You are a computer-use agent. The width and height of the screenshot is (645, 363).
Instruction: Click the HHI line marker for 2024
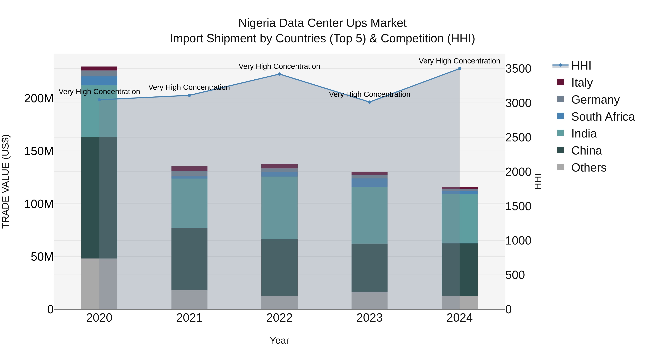click(x=459, y=69)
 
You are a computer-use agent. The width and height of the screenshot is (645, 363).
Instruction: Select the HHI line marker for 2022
click(x=279, y=74)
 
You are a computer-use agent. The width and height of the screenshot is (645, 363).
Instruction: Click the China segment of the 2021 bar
click(x=189, y=259)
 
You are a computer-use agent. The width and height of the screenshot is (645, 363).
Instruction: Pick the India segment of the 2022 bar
click(x=279, y=208)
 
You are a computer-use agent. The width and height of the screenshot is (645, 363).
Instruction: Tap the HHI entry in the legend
click(x=581, y=66)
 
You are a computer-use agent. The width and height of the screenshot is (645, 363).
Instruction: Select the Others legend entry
click(x=588, y=168)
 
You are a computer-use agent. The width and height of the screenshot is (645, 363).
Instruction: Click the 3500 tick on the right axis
click(x=518, y=69)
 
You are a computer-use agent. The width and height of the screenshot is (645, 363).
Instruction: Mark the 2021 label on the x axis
click(x=189, y=318)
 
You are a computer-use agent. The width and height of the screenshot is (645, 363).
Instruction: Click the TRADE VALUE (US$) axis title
click(x=6, y=181)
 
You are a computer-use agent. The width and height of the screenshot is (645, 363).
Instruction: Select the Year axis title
click(x=279, y=340)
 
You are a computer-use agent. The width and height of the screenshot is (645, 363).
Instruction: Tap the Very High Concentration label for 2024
click(x=459, y=61)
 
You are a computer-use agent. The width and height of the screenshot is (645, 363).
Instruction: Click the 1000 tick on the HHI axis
click(x=518, y=241)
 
